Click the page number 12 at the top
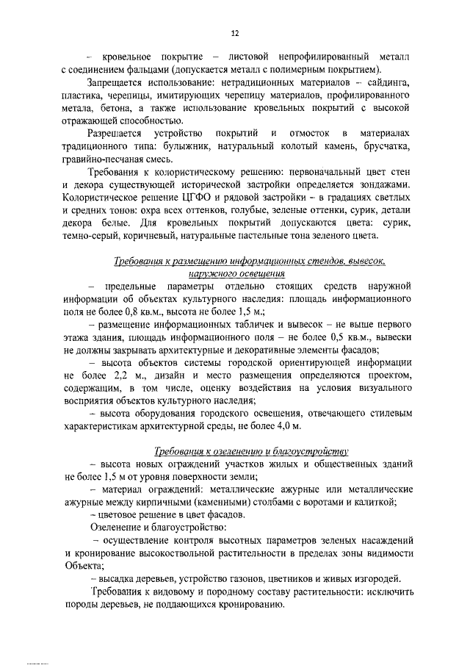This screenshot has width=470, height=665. [235, 32]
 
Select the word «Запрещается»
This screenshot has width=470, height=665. [118, 84]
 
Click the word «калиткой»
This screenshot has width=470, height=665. [376, 502]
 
